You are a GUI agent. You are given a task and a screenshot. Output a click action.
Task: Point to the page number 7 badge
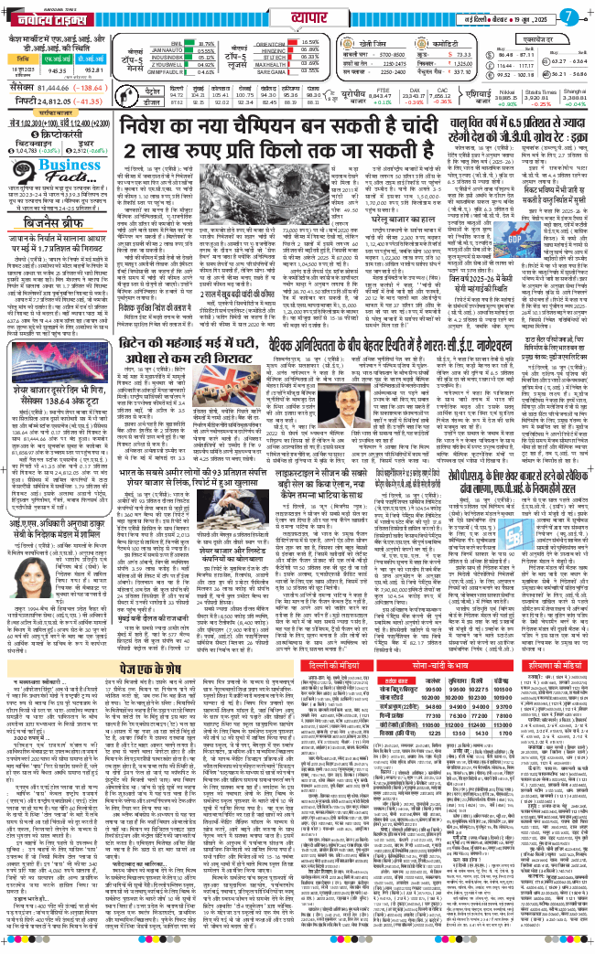coord(572,16)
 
